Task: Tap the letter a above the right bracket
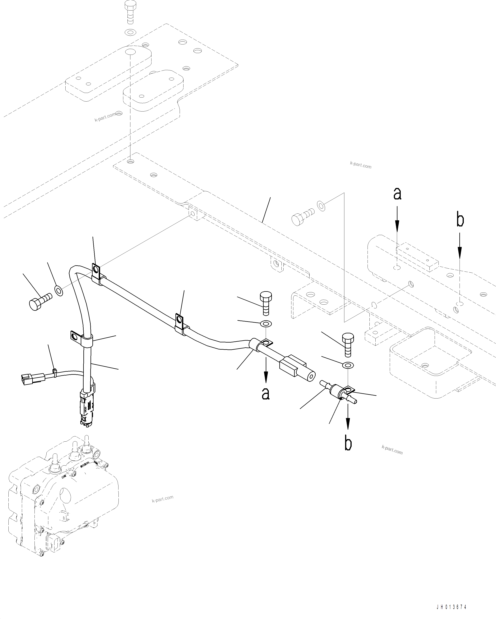(x=397, y=194)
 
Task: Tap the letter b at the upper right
(x=460, y=220)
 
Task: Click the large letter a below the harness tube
(x=266, y=393)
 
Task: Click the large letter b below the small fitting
(x=348, y=444)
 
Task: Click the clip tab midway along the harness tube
(x=180, y=321)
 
